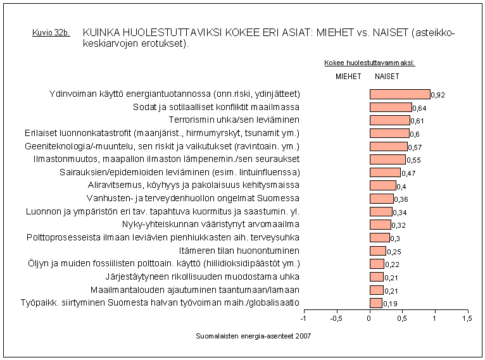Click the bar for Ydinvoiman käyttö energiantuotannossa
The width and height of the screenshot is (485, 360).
pos(400,94)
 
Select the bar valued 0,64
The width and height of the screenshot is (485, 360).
pos(391,107)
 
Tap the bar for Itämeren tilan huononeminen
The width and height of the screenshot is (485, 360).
pos(378,251)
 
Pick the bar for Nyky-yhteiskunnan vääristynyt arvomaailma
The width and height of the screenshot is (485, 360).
pos(381,225)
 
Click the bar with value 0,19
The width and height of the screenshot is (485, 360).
pos(376,303)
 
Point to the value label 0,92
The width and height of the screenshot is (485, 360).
pos(439,96)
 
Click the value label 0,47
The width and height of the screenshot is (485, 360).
pos(408,173)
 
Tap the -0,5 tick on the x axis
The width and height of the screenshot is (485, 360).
pos(336,318)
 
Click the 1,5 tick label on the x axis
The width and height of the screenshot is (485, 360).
pos(467,318)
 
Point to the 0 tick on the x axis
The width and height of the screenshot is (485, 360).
pos(369,318)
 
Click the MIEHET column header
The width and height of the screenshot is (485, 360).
pos(348,77)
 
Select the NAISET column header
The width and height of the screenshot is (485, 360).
pos(387,77)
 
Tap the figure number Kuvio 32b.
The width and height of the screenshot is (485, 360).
pos(50,33)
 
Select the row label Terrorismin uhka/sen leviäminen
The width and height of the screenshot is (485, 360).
pos(234,120)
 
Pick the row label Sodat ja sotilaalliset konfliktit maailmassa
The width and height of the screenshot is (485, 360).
pos(216,107)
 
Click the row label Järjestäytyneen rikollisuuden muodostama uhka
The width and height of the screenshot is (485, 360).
pos(202,276)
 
